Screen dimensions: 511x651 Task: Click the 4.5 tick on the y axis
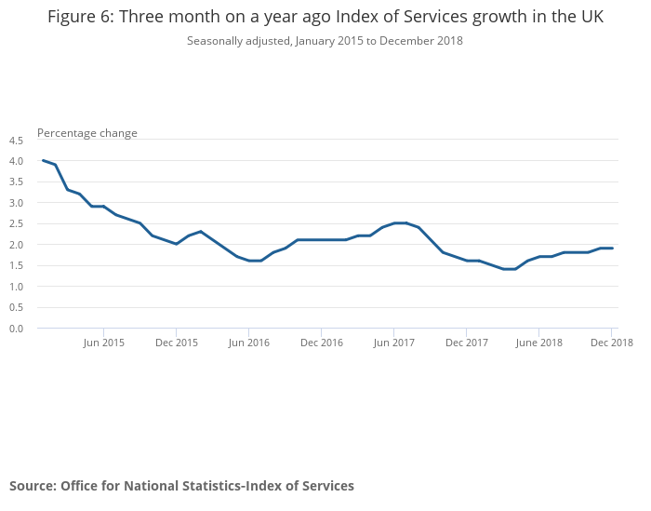[16, 141]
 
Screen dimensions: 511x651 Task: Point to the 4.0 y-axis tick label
[16, 161]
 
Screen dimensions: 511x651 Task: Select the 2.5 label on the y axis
[16, 224]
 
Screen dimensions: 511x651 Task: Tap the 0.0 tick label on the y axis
[16, 329]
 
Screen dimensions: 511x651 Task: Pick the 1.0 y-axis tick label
[16, 287]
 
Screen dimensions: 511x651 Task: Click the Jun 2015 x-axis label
[104, 343]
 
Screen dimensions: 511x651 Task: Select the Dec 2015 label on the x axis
[177, 343]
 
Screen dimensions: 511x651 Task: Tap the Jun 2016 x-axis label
[249, 343]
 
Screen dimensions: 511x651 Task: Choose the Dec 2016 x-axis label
[322, 343]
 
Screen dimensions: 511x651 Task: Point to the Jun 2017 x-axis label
[394, 343]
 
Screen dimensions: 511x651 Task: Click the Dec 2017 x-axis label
[467, 343]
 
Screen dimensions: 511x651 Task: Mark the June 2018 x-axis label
[539, 343]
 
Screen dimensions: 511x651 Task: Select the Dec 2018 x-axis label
[611, 343]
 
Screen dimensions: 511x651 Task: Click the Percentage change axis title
[87, 133]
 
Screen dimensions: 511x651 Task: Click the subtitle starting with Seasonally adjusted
[325, 41]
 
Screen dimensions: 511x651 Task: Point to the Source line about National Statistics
[181, 486]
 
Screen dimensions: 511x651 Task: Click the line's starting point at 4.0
[43, 160]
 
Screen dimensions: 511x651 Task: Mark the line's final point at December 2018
[612, 248]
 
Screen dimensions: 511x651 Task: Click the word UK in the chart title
[590, 18]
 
